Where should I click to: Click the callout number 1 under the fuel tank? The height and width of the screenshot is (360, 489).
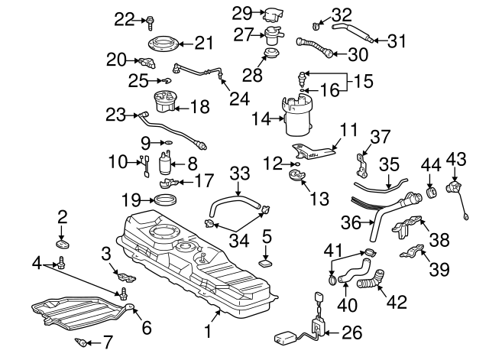(206, 332)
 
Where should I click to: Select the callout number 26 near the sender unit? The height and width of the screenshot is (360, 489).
(352, 332)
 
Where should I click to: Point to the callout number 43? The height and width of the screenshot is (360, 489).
(456, 158)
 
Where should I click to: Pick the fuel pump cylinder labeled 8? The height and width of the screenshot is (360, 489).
(165, 164)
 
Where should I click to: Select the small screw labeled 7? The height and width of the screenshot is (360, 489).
(79, 341)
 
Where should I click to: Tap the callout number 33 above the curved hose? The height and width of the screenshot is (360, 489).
(241, 174)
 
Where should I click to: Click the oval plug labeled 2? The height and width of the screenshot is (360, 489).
(63, 244)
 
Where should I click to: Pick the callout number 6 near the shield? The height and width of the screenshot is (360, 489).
(146, 326)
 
